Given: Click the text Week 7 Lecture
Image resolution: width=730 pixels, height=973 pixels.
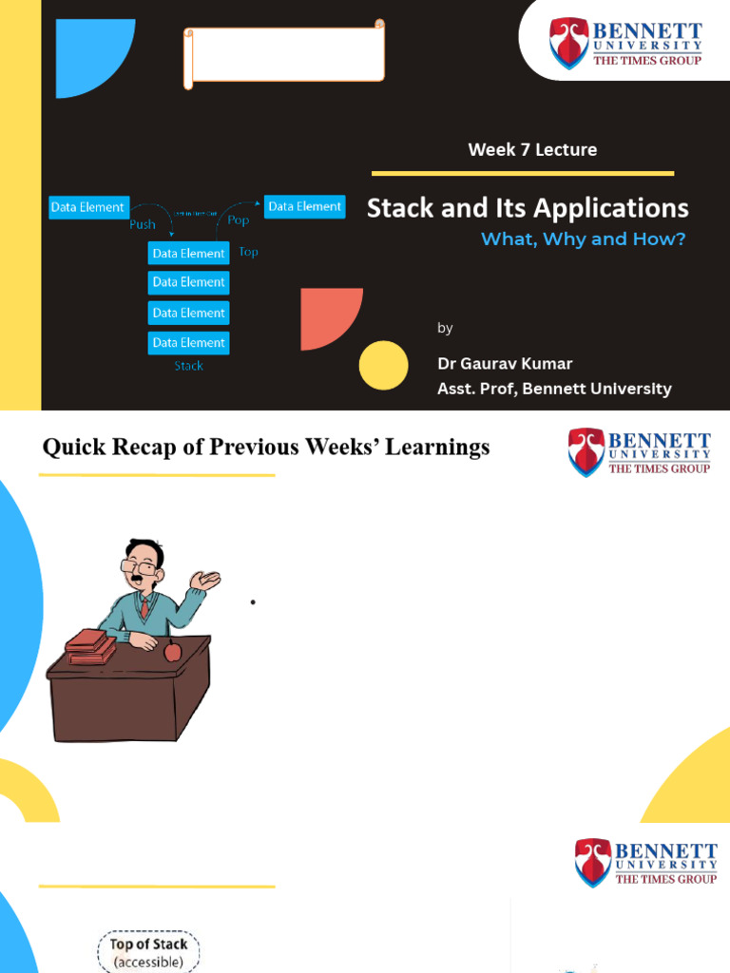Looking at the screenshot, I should tap(532, 149).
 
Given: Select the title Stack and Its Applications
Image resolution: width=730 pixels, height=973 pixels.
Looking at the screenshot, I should tap(528, 208).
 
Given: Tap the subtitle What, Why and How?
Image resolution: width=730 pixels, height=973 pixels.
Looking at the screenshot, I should tap(583, 239).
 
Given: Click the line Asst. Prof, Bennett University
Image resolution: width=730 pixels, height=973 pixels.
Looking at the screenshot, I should tap(554, 389).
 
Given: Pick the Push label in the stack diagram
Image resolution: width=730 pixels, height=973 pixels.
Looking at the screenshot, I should tap(143, 225).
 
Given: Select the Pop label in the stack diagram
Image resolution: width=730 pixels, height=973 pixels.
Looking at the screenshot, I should tap(238, 219).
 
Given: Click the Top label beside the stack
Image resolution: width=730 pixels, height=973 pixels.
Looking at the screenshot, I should tap(249, 252).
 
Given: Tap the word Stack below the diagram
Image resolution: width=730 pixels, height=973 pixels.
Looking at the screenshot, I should tap(188, 366).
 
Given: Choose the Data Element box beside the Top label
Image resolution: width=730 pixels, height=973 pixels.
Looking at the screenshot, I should tap(188, 253).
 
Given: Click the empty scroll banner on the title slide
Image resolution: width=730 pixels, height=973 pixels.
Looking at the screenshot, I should tap(284, 54).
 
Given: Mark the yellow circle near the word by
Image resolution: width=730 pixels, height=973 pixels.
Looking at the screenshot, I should tap(384, 365).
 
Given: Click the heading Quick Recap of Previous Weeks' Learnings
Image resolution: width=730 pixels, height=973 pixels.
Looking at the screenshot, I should tap(266, 447).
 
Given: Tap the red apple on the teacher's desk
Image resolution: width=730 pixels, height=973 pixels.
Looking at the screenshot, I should tap(172, 651).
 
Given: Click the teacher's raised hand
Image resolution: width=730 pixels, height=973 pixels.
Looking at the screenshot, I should tap(206, 579).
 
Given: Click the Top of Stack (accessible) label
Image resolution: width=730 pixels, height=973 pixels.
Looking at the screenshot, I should tap(149, 952).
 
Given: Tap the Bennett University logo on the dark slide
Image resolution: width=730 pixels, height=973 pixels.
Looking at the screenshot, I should tap(625, 44).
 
